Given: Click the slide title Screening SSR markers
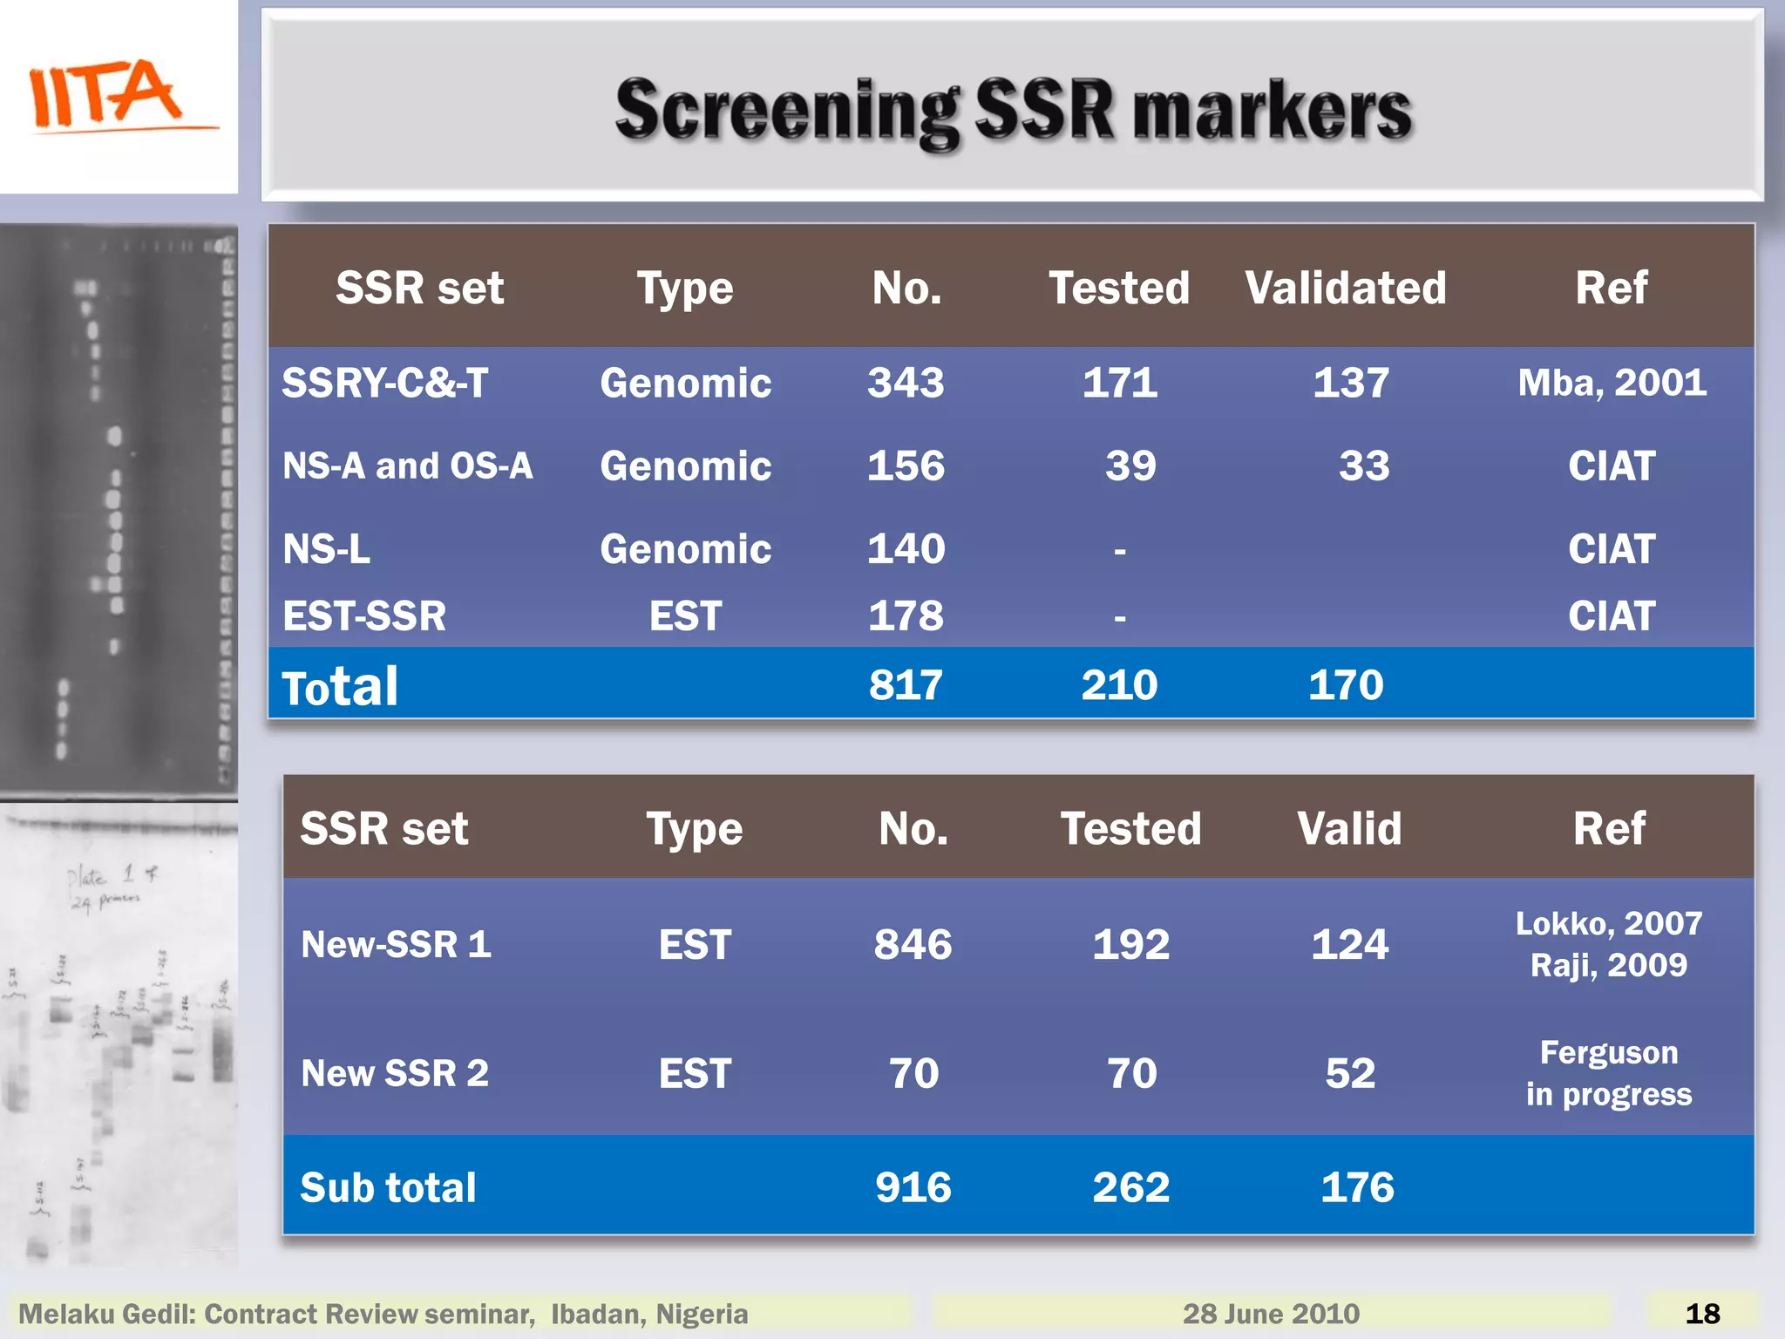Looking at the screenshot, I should click(x=1013, y=111).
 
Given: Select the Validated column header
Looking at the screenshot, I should click(x=1345, y=288).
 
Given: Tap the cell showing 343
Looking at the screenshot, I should click(x=906, y=383).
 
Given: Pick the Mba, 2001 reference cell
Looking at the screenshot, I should click(x=1612, y=383).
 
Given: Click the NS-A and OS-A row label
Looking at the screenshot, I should click(x=407, y=466).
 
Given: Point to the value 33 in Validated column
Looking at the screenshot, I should click(x=1364, y=466).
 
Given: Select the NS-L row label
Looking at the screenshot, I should click(x=326, y=549).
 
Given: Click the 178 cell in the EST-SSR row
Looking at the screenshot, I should click(x=906, y=615).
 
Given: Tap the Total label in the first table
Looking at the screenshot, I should click(x=340, y=687).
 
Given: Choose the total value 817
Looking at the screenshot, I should click(x=906, y=684).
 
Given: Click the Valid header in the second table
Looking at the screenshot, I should click(x=1349, y=828).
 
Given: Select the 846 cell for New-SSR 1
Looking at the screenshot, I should click(x=913, y=944).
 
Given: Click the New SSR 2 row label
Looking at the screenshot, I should click(x=394, y=1073).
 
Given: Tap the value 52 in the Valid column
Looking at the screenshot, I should click(x=1350, y=1073).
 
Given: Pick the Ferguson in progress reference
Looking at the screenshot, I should click(x=1609, y=1073).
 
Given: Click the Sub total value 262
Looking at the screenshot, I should click(x=1130, y=1187).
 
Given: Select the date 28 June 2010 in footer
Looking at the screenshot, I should click(x=1271, y=1314).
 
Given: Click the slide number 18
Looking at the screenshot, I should click(x=1702, y=1314).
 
